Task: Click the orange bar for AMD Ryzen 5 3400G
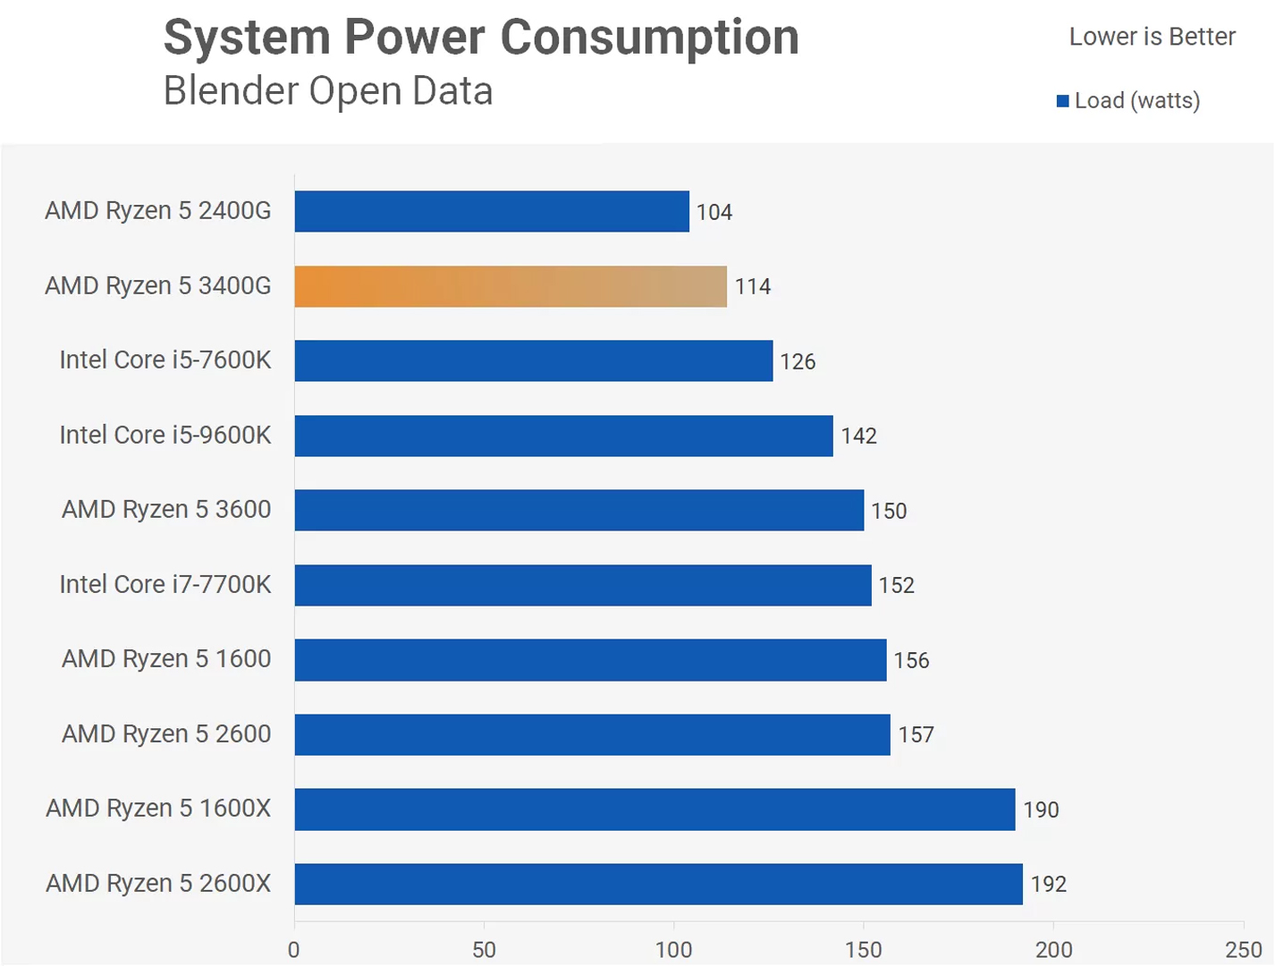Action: [511, 286]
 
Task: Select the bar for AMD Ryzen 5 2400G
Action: [492, 211]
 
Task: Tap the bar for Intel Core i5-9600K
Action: [563, 436]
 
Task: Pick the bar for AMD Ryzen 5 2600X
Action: [658, 884]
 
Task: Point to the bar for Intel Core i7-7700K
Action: [583, 585]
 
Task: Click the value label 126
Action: [798, 361]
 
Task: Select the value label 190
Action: [1041, 809]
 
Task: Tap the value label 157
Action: [916, 734]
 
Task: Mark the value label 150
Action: [889, 511]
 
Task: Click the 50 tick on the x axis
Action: [484, 950]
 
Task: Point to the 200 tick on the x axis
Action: [1053, 950]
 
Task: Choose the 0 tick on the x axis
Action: [294, 950]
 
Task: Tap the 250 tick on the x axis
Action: [1243, 950]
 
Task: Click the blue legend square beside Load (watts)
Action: [1063, 101]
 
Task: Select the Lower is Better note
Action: [1152, 37]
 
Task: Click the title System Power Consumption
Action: [481, 38]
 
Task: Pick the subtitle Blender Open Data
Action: [328, 91]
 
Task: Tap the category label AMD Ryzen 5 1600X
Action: [158, 809]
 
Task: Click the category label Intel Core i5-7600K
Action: [165, 360]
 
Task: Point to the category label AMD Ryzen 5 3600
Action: [166, 509]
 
